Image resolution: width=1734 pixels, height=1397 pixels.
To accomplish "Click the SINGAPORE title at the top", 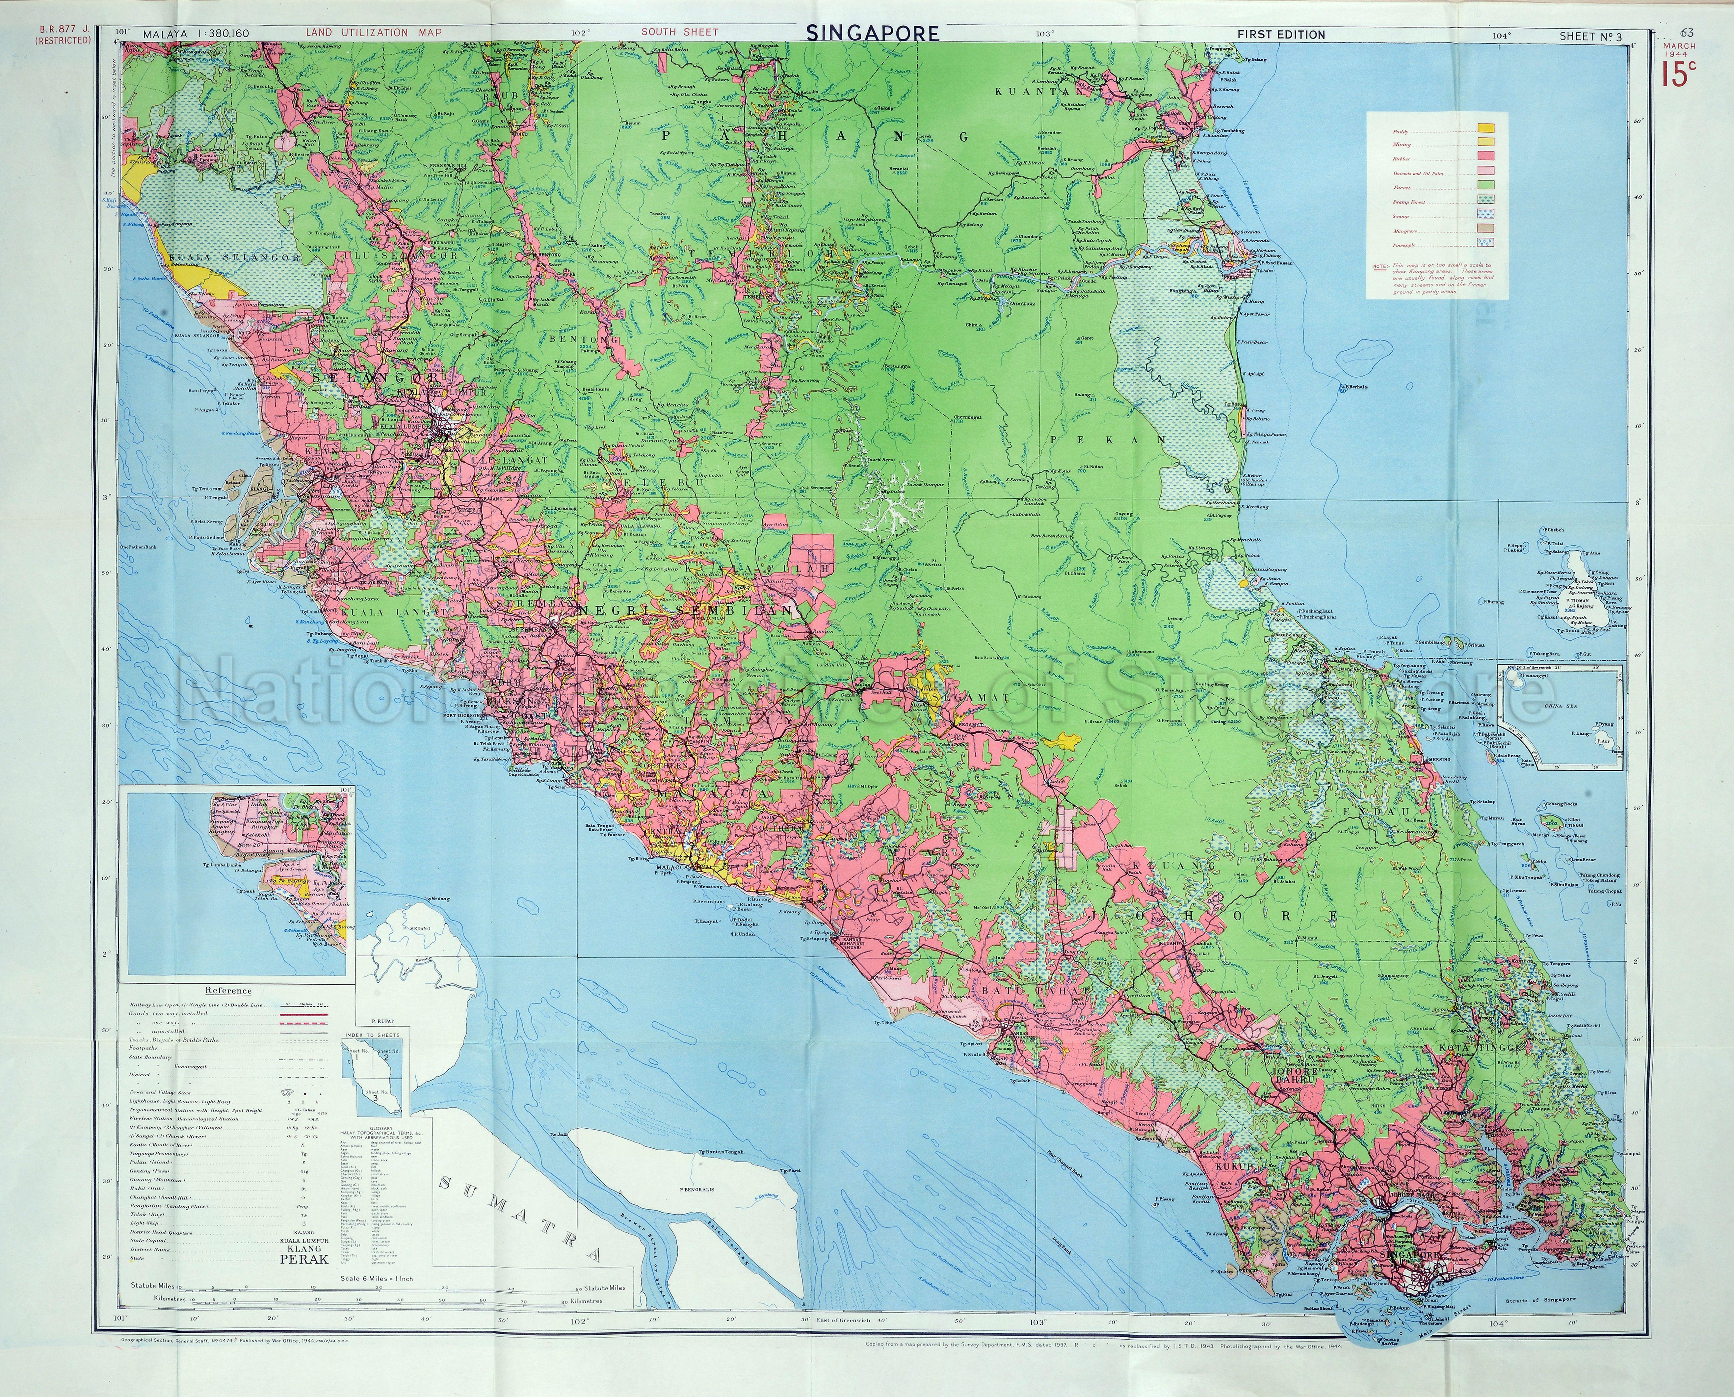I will point(872,33).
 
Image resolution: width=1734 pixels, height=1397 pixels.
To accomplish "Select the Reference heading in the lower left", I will point(228,991).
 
